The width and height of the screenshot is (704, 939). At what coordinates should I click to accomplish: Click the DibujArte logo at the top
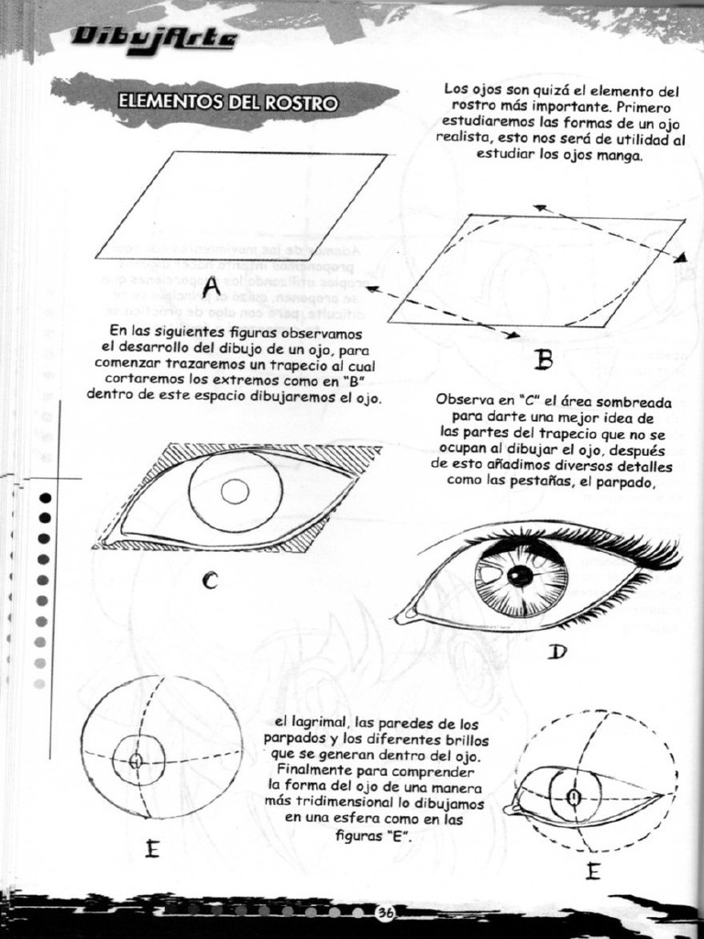[x=155, y=39]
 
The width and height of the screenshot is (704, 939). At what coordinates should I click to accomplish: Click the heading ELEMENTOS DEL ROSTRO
[x=227, y=102]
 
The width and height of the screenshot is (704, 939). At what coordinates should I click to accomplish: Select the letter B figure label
[x=544, y=359]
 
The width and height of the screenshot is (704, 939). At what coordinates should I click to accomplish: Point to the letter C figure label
[x=210, y=580]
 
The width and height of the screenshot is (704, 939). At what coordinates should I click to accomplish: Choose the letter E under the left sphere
[x=152, y=849]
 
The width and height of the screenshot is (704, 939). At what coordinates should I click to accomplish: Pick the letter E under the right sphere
[x=593, y=871]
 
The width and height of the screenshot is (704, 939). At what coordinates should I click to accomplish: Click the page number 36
[x=385, y=912]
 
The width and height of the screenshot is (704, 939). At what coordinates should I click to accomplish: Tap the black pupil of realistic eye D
[x=520, y=576]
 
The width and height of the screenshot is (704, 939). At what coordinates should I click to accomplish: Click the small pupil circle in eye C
[x=235, y=492]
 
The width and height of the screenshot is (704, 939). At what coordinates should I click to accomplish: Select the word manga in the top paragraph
[x=620, y=155]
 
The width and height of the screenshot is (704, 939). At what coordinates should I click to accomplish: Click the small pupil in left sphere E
[x=136, y=761]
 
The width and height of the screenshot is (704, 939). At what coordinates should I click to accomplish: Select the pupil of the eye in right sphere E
[x=574, y=797]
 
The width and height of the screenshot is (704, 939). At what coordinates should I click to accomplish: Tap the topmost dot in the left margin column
[x=43, y=498]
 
